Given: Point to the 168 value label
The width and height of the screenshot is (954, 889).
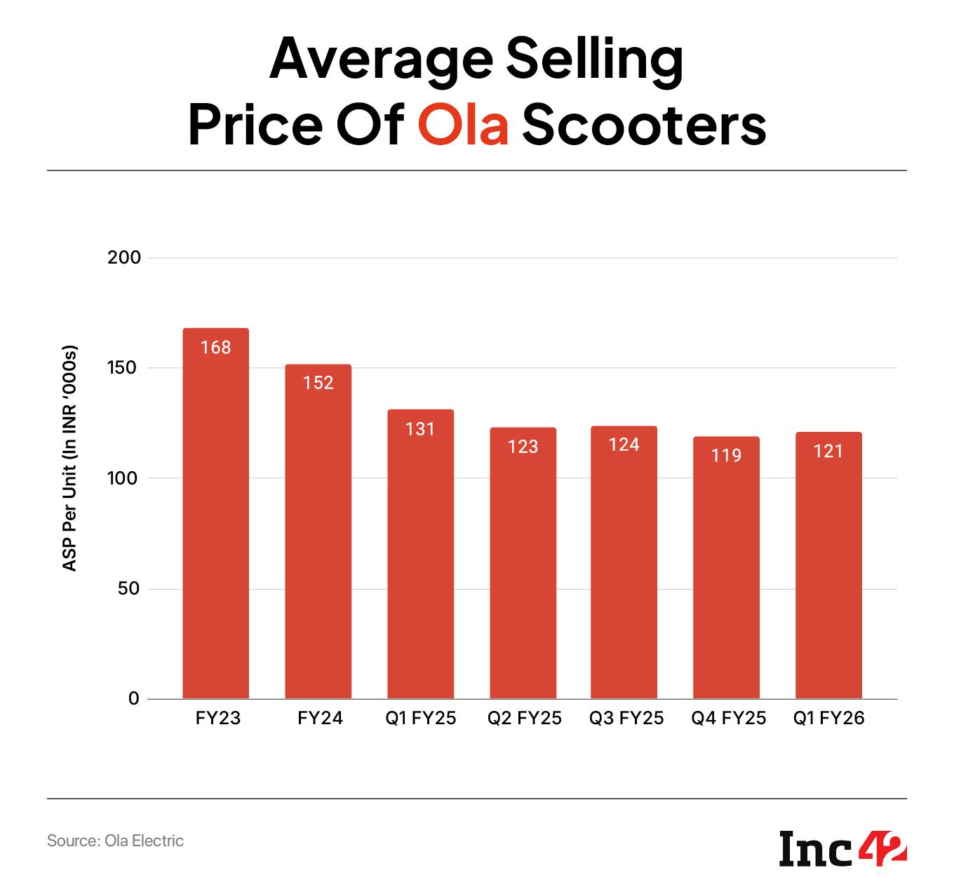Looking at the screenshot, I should [x=215, y=347].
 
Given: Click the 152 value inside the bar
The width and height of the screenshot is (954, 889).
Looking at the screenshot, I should [x=318, y=383].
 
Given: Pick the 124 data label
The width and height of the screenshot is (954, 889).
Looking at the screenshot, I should [x=624, y=444].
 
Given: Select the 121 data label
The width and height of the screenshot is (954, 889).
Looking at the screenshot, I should [x=828, y=451].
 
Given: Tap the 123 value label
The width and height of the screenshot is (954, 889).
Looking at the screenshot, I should [x=523, y=447].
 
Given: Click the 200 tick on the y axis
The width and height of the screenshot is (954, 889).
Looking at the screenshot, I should [x=124, y=258].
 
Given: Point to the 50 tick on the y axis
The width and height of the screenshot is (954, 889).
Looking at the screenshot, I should [x=128, y=589].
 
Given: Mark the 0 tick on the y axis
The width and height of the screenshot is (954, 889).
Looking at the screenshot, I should [x=134, y=699].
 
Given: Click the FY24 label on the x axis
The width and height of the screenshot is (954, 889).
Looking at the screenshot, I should [x=320, y=719].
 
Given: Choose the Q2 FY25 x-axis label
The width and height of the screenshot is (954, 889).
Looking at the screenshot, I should [x=524, y=719].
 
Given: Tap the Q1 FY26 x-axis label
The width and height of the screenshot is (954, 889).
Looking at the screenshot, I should [x=828, y=719].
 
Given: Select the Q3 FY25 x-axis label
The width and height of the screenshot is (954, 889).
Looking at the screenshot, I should [x=626, y=719].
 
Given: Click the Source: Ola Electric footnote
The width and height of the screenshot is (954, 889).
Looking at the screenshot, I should [x=115, y=841].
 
